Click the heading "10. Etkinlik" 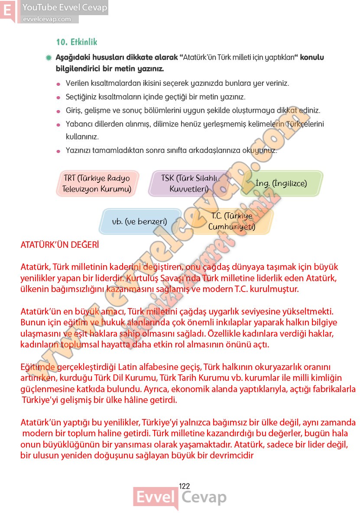click(x=77, y=42)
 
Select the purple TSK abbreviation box click(x=189, y=184)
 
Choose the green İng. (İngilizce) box click(x=281, y=183)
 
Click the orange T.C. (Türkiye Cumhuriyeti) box click(x=232, y=221)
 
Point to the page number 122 click(x=184, y=486)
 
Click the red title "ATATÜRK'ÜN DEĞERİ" click(x=60, y=245)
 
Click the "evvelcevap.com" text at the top click(x=46, y=19)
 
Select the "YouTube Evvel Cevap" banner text click(x=65, y=7)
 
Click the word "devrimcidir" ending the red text click(x=232, y=455)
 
